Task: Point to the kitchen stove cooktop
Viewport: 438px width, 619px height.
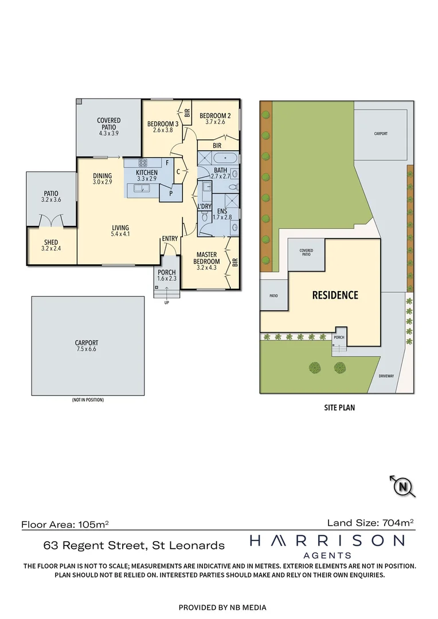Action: tap(142, 163)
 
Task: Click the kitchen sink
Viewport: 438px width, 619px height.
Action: tap(142, 188)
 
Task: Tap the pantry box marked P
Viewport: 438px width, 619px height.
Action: tap(170, 194)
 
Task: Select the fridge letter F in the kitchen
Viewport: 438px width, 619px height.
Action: tap(167, 163)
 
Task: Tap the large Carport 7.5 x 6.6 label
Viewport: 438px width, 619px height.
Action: tap(87, 346)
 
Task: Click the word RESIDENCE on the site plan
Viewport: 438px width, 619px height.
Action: tap(335, 295)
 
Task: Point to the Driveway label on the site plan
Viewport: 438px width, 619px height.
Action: tap(386, 376)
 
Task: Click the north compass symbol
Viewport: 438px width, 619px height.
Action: tap(404, 487)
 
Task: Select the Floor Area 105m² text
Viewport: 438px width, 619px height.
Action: tap(65, 524)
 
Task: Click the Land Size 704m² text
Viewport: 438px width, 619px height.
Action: tap(370, 522)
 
